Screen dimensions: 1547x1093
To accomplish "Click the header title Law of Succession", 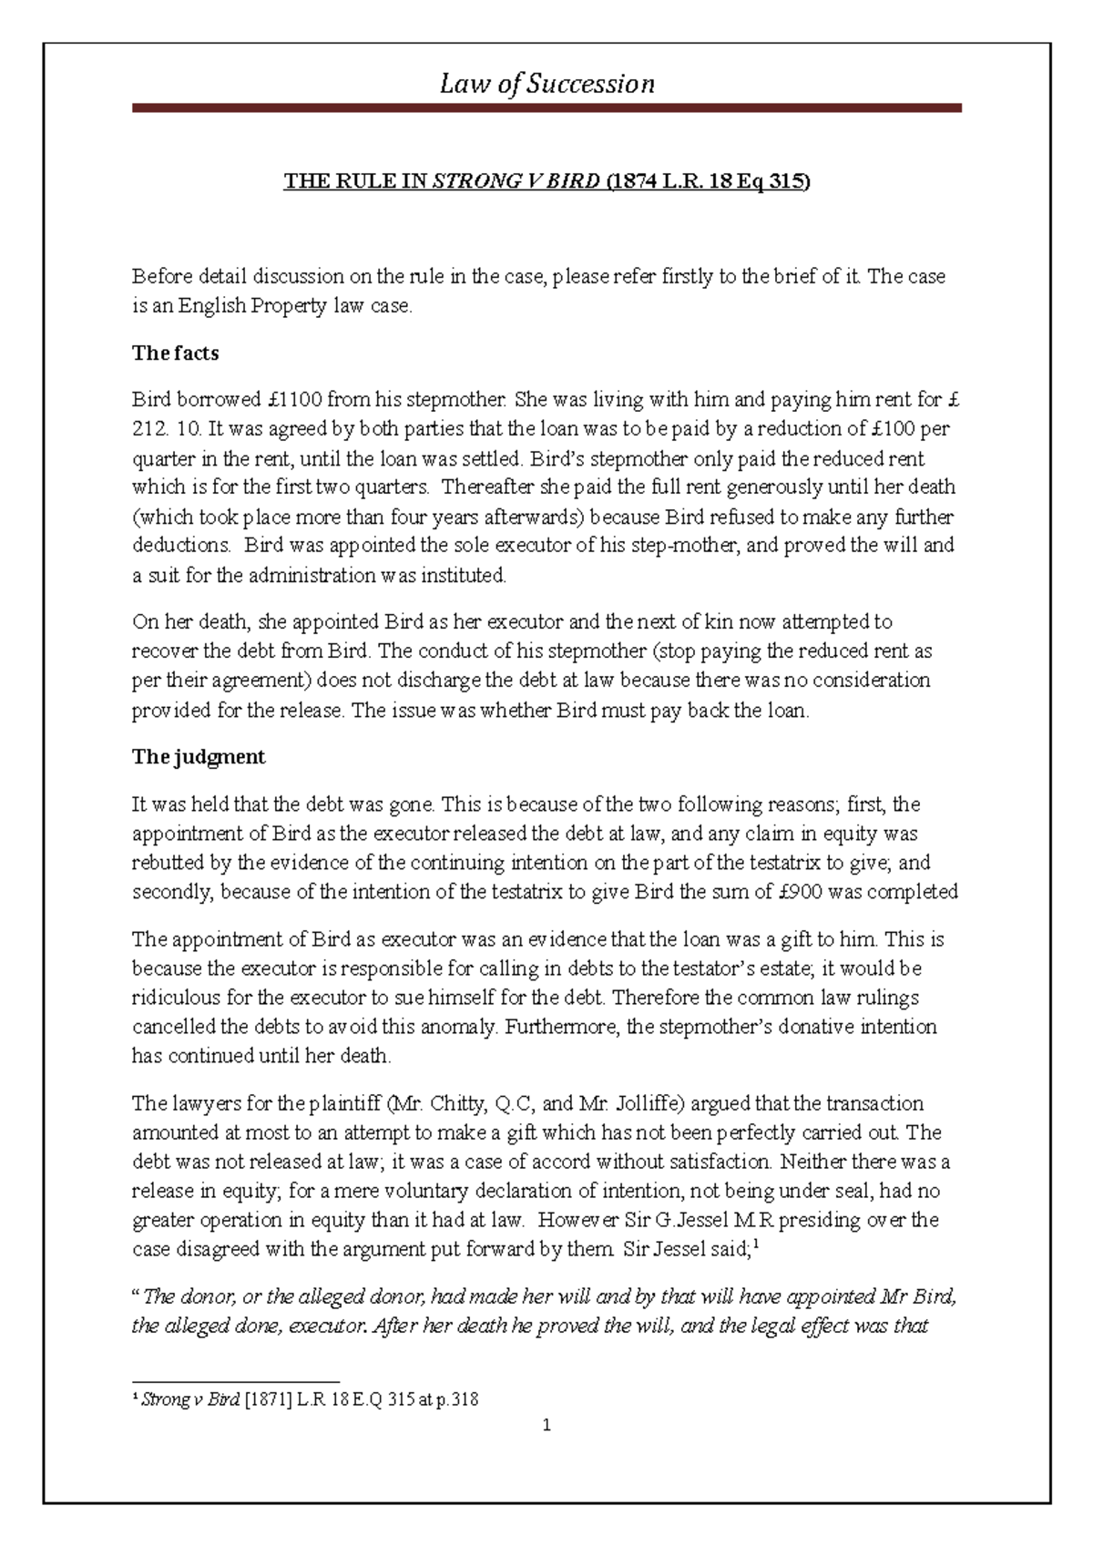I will [546, 84].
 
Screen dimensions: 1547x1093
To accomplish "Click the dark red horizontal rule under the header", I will [546, 108].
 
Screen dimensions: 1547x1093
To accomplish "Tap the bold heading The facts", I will [175, 353].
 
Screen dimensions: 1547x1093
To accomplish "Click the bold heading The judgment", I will [198, 757].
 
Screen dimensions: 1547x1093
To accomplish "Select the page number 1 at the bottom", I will [546, 1426].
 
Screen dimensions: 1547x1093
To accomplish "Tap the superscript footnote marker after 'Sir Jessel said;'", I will [756, 1245].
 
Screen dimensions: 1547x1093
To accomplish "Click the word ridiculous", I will [177, 998].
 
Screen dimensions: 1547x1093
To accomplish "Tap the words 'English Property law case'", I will [294, 306].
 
